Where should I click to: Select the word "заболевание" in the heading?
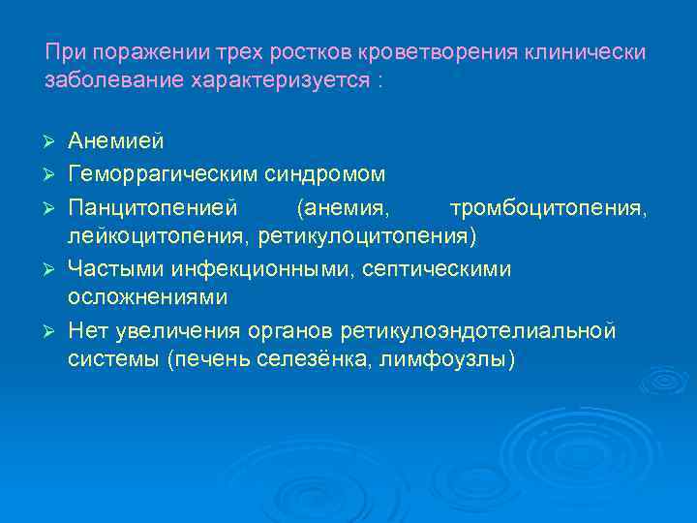tap(103, 79)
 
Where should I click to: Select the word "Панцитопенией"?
tap(152, 206)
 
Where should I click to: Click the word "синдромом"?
tap(325, 174)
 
